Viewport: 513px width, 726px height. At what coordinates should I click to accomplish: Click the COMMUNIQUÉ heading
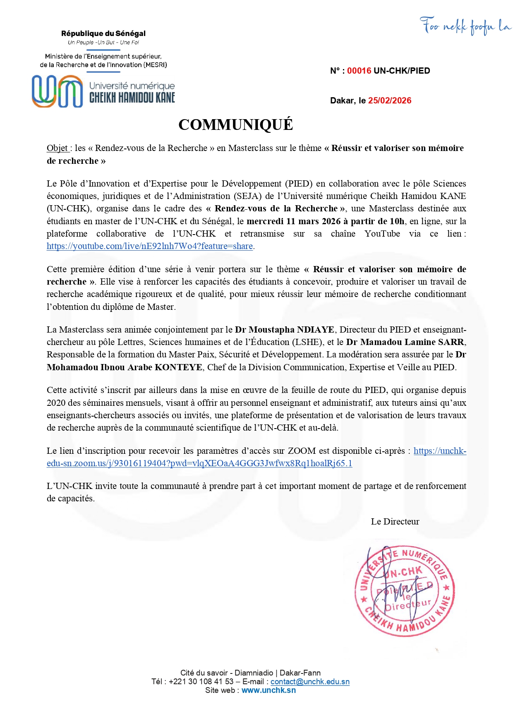click(235, 125)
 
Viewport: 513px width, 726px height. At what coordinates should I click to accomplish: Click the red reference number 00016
click(359, 71)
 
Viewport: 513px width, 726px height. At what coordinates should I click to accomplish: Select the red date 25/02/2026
click(390, 101)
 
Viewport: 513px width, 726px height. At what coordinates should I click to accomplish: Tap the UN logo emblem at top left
click(58, 91)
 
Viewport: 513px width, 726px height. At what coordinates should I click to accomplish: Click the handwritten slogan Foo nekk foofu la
click(465, 26)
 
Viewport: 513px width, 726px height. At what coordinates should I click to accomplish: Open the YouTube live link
click(150, 246)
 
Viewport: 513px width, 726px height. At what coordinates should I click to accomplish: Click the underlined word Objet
click(58, 148)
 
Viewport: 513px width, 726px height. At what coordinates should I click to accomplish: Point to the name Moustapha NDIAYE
click(291, 330)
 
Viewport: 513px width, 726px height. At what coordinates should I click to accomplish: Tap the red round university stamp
click(404, 590)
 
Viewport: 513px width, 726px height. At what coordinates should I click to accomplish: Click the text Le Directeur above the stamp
click(395, 522)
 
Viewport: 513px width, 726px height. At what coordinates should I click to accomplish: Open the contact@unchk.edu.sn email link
click(310, 682)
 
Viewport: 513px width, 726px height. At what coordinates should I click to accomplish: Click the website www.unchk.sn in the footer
click(268, 690)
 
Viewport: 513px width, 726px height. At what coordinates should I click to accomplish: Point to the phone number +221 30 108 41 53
click(201, 682)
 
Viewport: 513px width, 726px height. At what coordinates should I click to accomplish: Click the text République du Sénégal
click(103, 34)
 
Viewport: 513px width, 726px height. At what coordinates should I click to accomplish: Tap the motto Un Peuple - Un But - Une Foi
click(103, 43)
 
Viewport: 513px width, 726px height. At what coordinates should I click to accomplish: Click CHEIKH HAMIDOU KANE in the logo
click(132, 98)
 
